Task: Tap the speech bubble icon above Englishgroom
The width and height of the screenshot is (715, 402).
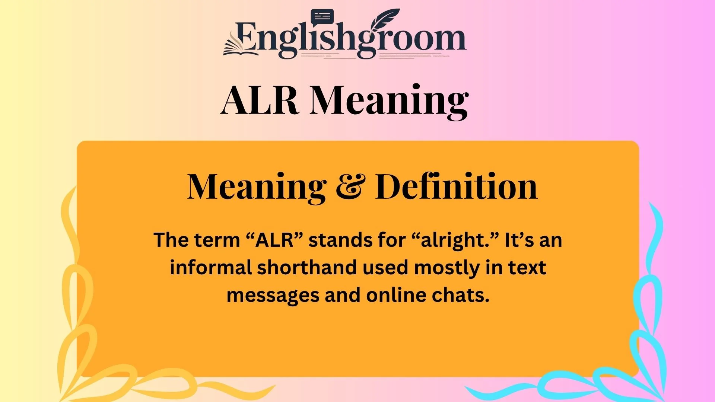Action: [322, 17]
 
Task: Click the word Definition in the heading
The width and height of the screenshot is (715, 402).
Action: [456, 187]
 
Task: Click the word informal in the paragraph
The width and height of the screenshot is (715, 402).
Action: [211, 268]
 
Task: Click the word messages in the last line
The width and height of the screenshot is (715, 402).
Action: [273, 296]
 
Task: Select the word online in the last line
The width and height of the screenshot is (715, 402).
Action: [396, 295]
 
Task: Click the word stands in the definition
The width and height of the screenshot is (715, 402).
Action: [340, 240]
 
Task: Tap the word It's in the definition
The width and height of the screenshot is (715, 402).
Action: [519, 240]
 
